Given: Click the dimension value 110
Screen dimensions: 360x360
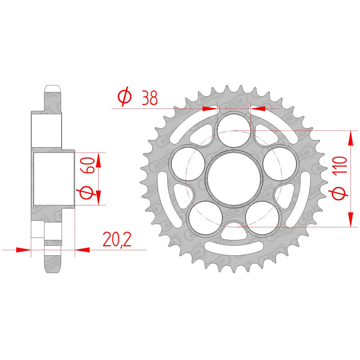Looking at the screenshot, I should point(341,167).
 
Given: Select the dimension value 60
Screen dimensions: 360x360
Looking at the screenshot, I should point(88,166).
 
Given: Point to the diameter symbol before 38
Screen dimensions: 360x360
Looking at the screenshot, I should point(124,97).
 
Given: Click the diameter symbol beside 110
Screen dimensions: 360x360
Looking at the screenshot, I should point(341,193).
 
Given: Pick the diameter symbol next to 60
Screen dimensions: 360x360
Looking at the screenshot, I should point(88,193).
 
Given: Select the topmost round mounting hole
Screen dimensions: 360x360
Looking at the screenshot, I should point(234,128).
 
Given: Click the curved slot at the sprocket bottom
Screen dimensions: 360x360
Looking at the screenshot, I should point(234,249).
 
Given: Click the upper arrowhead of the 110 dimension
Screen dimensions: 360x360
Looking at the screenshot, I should point(350,137).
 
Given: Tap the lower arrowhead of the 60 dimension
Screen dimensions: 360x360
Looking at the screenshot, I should point(99,198).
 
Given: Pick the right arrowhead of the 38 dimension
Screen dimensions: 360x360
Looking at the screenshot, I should point(259,108).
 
